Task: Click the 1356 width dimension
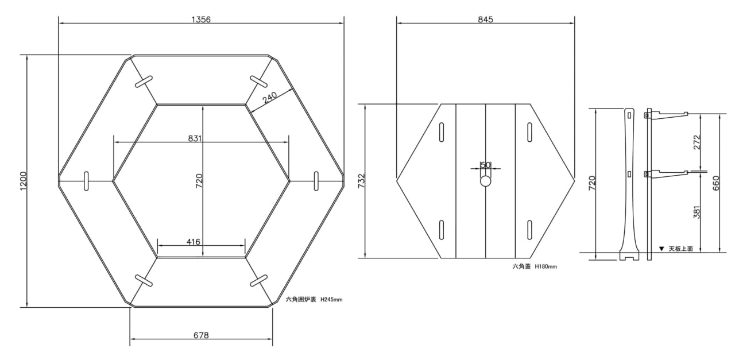pyautogui.click(x=201, y=20)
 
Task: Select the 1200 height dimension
pyautogui.click(x=24, y=180)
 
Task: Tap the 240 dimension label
pyautogui.click(x=270, y=97)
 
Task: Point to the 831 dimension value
pyautogui.click(x=195, y=138)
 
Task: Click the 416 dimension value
pyautogui.click(x=194, y=242)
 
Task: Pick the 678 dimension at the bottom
pyautogui.click(x=201, y=335)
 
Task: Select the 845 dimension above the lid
pyautogui.click(x=485, y=20)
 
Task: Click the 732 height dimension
pyautogui.click(x=361, y=181)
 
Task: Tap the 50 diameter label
pyautogui.click(x=485, y=165)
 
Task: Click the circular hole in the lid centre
pyautogui.click(x=486, y=181)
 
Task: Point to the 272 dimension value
pyautogui.click(x=697, y=142)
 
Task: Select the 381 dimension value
pyautogui.click(x=697, y=212)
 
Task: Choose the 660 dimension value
pyautogui.click(x=716, y=183)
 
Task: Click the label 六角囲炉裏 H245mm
pyautogui.click(x=314, y=299)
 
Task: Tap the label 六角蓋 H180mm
pyautogui.click(x=535, y=266)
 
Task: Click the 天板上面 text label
pyautogui.click(x=681, y=249)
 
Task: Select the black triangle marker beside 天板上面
pyautogui.click(x=661, y=249)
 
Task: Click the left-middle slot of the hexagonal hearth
pyautogui.click(x=86, y=181)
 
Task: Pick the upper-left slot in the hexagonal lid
pyautogui.click(x=442, y=132)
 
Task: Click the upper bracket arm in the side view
pyautogui.click(x=666, y=115)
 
